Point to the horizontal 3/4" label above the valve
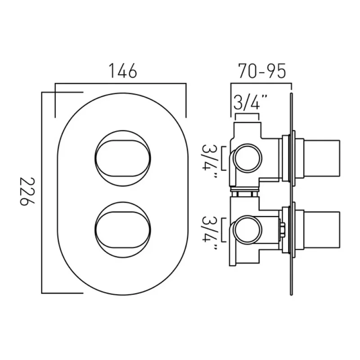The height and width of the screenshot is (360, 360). (247, 103)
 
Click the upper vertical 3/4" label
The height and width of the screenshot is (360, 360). (209, 158)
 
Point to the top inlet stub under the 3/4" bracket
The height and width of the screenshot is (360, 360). (247, 118)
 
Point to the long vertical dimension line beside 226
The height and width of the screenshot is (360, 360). (42, 191)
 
